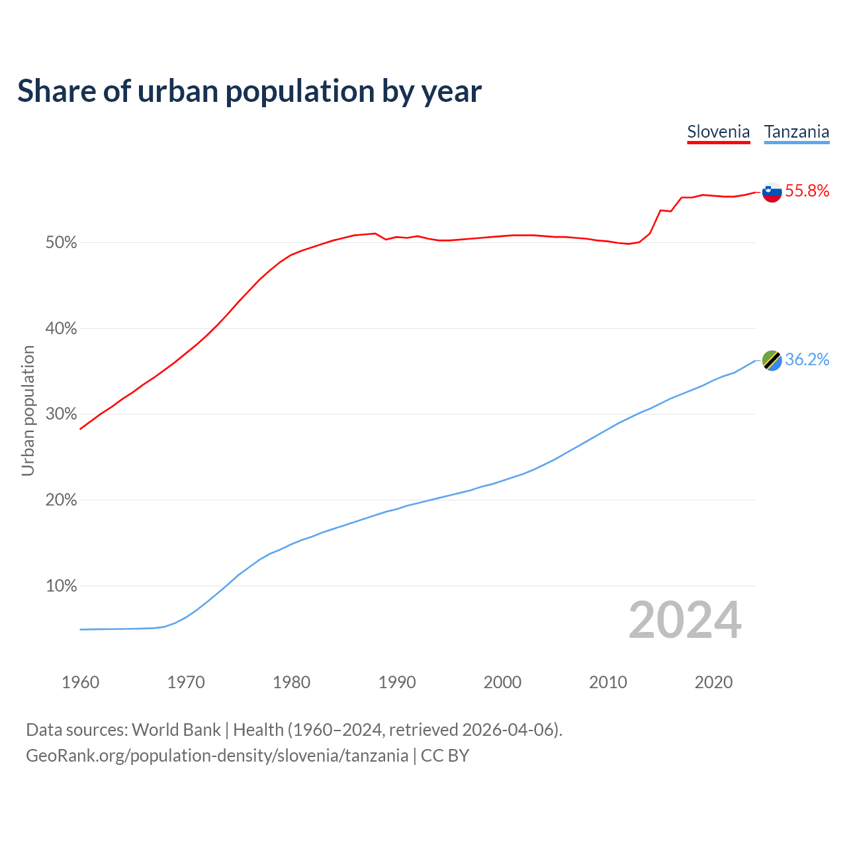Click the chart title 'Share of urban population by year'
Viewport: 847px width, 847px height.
[249, 91]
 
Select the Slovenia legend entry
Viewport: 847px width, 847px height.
[718, 132]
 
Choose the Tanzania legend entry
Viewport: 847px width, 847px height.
[797, 132]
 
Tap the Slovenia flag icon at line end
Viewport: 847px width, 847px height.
[772, 192]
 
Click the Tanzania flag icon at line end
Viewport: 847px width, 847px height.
[772, 360]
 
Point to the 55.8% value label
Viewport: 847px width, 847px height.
[807, 191]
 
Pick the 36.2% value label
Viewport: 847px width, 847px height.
[807, 359]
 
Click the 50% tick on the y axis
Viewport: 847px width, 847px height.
[62, 243]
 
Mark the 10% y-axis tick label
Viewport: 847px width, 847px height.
[62, 586]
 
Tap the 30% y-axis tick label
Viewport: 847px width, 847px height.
[62, 414]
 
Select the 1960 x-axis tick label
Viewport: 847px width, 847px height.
[80, 682]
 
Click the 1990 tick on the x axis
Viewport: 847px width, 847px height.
[397, 682]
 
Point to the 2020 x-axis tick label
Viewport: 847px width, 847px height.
[713, 682]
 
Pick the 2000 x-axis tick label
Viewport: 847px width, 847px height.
[502, 682]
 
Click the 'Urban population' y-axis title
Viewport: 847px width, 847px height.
[28, 410]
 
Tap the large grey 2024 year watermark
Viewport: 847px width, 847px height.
[685, 620]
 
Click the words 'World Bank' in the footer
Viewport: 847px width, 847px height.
[176, 730]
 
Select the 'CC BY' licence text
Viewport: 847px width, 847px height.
[445, 756]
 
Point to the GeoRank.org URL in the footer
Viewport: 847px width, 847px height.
[217, 756]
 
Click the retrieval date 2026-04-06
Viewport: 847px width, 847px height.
[510, 730]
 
